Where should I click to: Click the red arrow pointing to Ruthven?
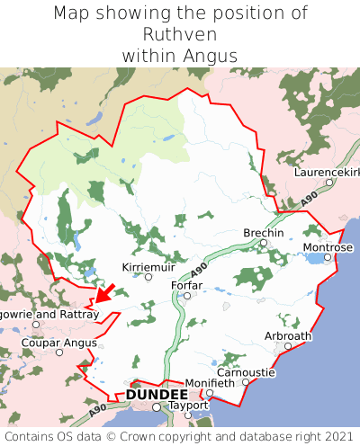[x=104, y=293]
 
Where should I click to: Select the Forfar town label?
[x=186, y=285]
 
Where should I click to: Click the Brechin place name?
[x=263, y=233]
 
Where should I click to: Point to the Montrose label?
[x=328, y=247]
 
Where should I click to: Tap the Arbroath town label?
[x=288, y=335]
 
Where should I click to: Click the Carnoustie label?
[x=246, y=372]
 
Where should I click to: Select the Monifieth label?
[x=210, y=382]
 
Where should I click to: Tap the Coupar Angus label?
[x=58, y=341]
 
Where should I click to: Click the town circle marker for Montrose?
[x=328, y=257]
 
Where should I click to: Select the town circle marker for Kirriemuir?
[x=148, y=276]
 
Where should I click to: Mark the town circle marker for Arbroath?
[x=288, y=345]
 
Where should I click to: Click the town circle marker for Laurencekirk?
[x=329, y=182]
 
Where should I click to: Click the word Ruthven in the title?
[x=179, y=34]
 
